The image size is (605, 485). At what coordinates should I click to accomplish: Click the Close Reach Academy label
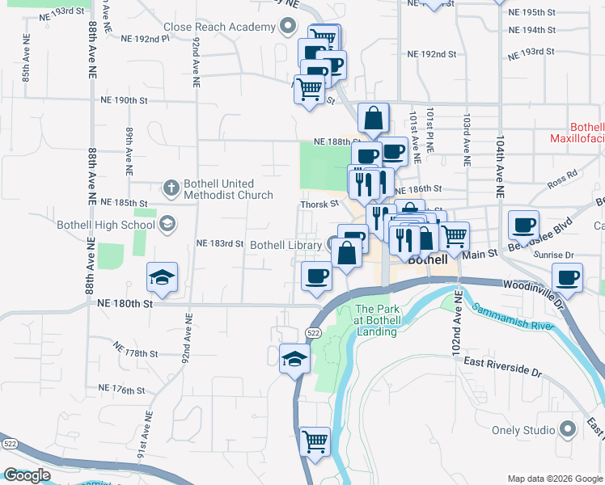[219, 27]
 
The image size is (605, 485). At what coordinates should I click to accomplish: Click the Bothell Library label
[287, 245]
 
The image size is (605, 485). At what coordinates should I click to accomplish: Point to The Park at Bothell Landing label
[375, 319]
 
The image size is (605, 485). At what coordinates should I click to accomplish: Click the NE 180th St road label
[125, 304]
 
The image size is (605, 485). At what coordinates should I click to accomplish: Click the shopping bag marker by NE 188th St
[373, 118]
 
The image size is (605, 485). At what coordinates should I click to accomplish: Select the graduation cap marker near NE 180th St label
[163, 277]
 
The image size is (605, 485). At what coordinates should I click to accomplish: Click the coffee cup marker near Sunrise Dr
[567, 276]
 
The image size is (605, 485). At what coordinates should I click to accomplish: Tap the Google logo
[26, 475]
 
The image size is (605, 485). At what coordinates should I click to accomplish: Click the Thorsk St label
[319, 205]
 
